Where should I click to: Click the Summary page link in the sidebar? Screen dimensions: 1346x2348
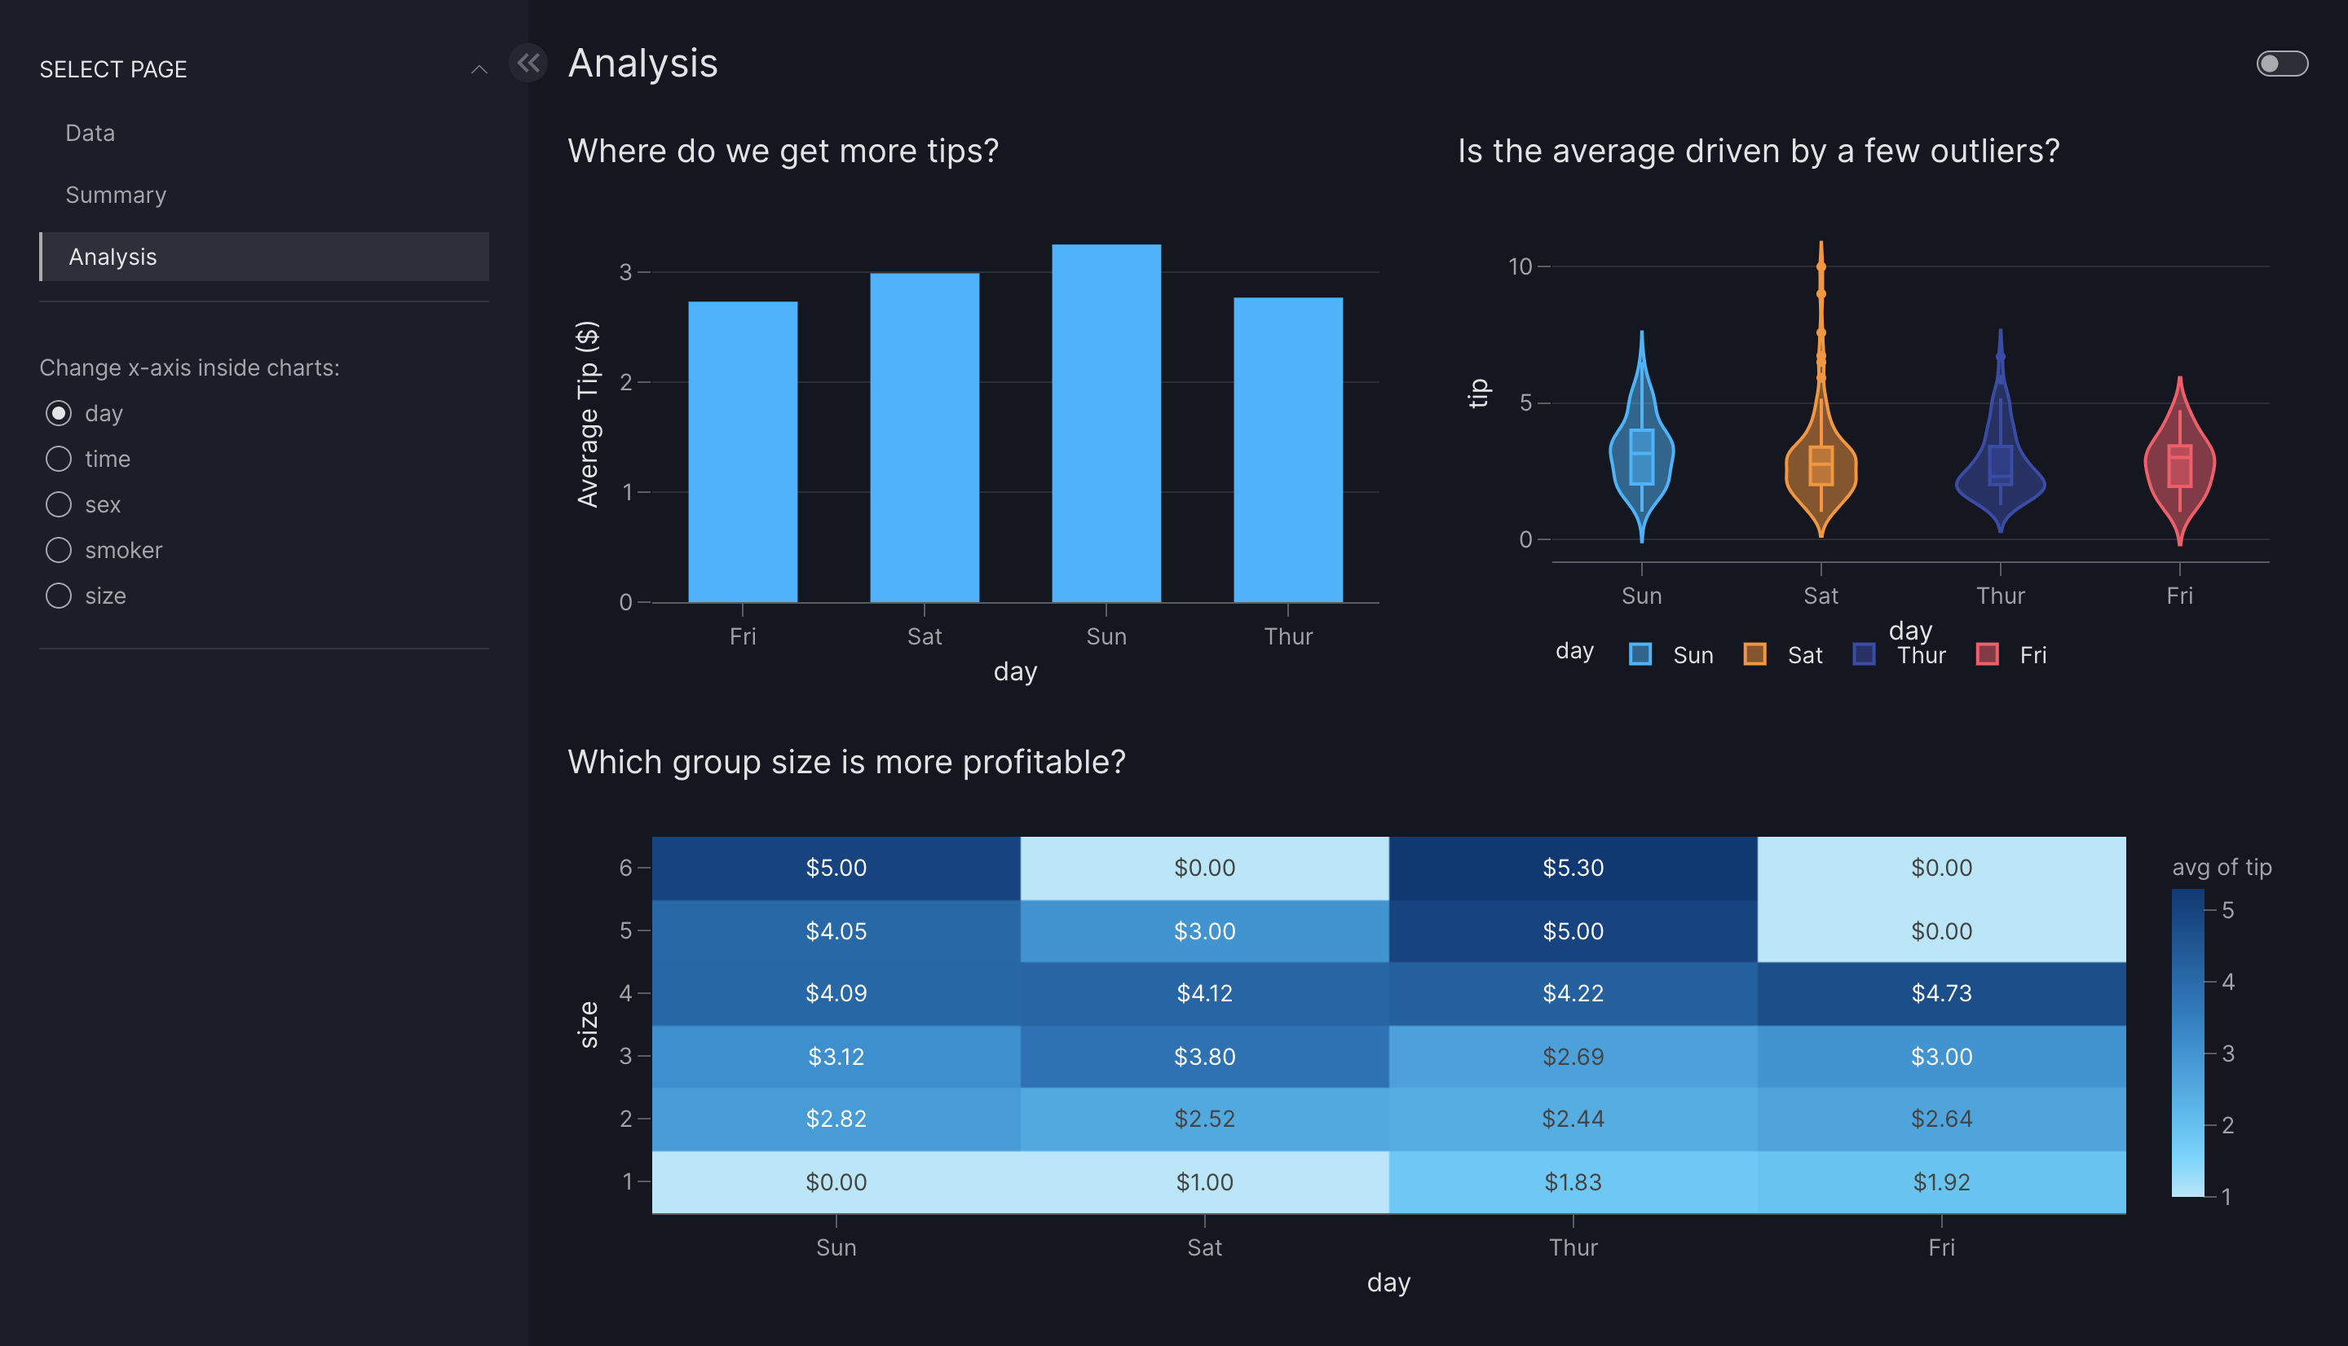(x=116, y=195)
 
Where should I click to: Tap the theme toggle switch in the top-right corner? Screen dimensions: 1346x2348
(x=2281, y=64)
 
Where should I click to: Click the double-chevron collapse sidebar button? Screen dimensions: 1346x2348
(x=528, y=63)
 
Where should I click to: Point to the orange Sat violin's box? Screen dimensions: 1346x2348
(x=1820, y=466)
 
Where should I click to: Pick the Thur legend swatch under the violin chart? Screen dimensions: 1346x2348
(x=1865, y=654)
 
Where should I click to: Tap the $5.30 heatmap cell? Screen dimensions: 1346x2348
(x=1572, y=868)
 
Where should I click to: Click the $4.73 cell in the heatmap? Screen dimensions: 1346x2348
(x=1941, y=993)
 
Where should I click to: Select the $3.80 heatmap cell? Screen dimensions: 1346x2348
(x=1204, y=1056)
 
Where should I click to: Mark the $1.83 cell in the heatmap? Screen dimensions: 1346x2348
(x=1572, y=1181)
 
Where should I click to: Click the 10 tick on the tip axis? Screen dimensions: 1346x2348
(x=1520, y=267)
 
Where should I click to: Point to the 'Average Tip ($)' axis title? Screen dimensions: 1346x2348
(x=587, y=414)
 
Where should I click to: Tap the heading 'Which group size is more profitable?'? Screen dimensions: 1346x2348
(x=846, y=762)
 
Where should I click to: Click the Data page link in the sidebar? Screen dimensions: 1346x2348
(x=90, y=133)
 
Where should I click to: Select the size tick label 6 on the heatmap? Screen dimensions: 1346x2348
(x=626, y=868)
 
